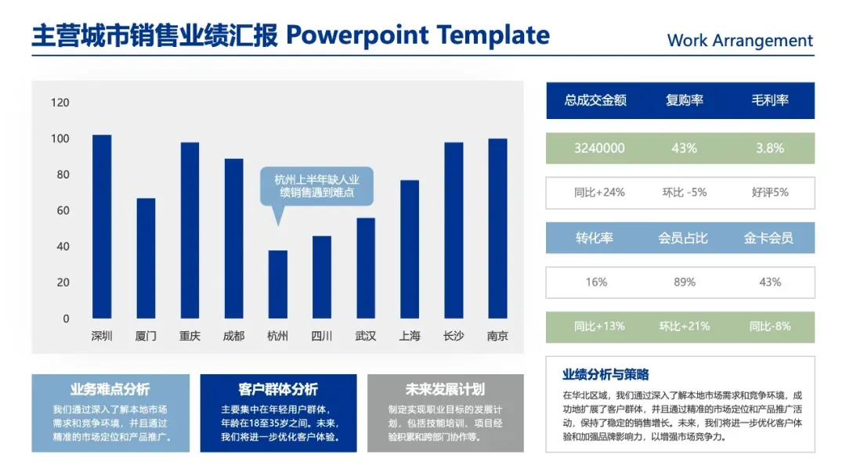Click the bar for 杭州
pyautogui.click(x=278, y=284)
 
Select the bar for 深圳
pyautogui.click(x=102, y=226)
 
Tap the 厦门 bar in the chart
pyautogui.click(x=146, y=258)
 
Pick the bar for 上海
pyautogui.click(x=410, y=249)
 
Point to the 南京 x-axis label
pyautogui.click(x=497, y=336)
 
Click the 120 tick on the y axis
pyautogui.click(x=60, y=103)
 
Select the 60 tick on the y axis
pyautogui.click(x=63, y=211)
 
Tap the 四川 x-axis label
pyautogui.click(x=322, y=336)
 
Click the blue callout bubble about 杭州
pyautogui.click(x=316, y=186)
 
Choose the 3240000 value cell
pyautogui.click(x=599, y=148)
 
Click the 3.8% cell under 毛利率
pyautogui.click(x=770, y=148)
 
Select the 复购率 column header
pyautogui.click(x=684, y=100)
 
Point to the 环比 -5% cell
pyautogui.click(x=684, y=193)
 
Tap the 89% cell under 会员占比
pyautogui.click(x=684, y=282)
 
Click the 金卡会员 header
pyautogui.click(x=768, y=238)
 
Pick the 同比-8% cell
pyautogui.click(x=770, y=326)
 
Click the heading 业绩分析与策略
pyautogui.click(x=606, y=375)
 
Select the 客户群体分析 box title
pyautogui.click(x=278, y=389)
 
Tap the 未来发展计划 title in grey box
pyautogui.click(x=445, y=389)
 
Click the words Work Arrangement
pyautogui.click(x=739, y=41)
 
